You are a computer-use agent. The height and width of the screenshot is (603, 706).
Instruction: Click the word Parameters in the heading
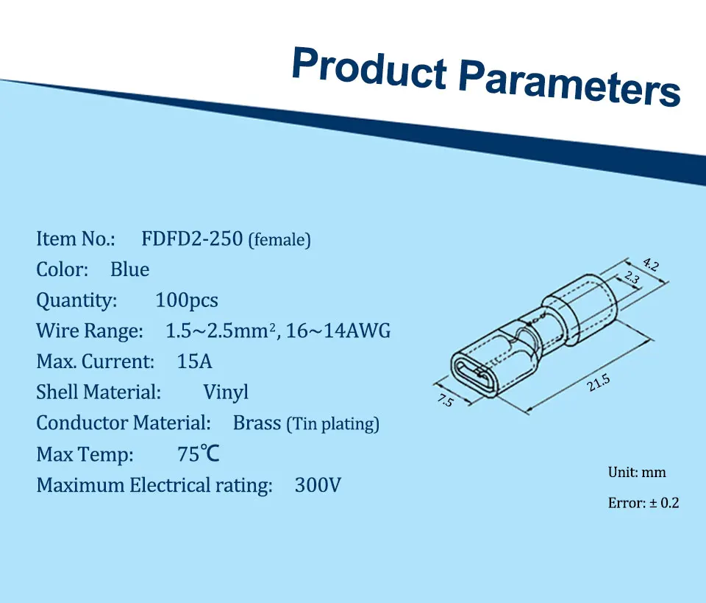[x=569, y=83]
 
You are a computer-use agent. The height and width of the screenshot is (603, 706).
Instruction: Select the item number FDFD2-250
[x=192, y=239]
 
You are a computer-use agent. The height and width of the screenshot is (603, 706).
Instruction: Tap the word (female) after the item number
[x=279, y=240]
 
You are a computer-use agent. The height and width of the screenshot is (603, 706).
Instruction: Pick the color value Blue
[x=129, y=269]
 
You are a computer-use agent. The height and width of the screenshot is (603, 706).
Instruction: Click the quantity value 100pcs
[x=187, y=300]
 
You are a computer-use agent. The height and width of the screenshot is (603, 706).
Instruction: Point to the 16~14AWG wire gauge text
[x=338, y=331]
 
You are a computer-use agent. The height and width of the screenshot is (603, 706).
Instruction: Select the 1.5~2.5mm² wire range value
[x=221, y=331]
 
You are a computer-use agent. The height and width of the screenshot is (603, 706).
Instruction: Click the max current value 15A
[x=194, y=362]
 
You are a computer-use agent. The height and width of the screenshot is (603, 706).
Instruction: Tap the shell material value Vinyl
[x=226, y=392]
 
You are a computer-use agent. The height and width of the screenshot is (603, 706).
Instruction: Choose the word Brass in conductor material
[x=257, y=423]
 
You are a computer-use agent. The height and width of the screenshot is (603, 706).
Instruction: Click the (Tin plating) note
[x=333, y=424]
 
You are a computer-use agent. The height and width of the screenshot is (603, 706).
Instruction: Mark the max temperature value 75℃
[x=199, y=454]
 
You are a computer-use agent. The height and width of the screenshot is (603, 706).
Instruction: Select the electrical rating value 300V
[x=318, y=485]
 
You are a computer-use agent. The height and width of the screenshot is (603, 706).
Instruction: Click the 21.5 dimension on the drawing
[x=599, y=383]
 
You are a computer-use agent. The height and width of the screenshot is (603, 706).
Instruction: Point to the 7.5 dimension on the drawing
[x=446, y=401]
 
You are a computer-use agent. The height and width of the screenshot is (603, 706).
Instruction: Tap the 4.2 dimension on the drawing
[x=651, y=264]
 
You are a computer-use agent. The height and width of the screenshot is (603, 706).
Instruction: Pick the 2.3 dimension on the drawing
[x=632, y=277]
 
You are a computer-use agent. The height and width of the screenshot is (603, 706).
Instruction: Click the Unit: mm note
[x=637, y=472]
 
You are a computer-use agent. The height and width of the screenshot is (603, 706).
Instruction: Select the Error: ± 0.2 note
[x=643, y=502]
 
